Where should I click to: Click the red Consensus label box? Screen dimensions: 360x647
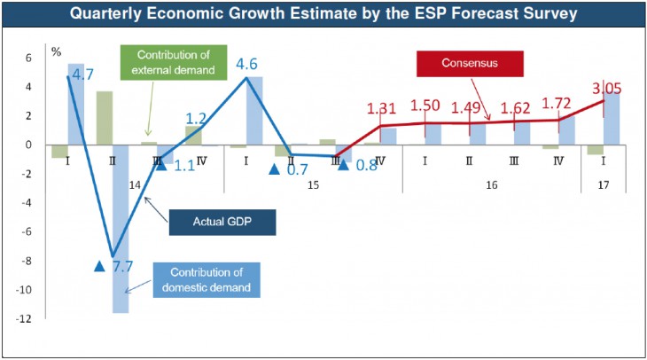tap(470, 64)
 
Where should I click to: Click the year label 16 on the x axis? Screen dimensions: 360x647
tap(491, 184)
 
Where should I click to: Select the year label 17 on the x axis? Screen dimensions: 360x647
tap(604, 184)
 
